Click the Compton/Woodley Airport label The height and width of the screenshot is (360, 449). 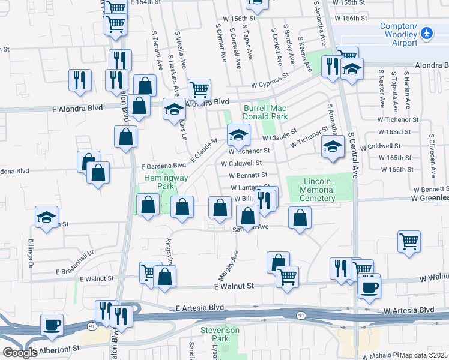coord(399,34)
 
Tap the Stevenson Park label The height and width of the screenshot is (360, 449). coord(215,334)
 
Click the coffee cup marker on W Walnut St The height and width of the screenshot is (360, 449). coord(369,286)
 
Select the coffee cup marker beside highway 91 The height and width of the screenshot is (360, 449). coord(52,325)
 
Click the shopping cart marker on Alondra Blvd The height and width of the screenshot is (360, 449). coord(200,90)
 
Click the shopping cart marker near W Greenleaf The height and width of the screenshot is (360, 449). coord(409,241)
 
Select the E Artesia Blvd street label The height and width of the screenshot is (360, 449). coord(200,308)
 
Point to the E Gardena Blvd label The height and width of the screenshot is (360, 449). coord(163,166)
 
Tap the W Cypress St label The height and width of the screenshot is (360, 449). coord(270,82)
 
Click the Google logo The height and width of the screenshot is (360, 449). coord(20,353)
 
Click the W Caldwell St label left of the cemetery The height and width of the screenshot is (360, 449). coord(241,163)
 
